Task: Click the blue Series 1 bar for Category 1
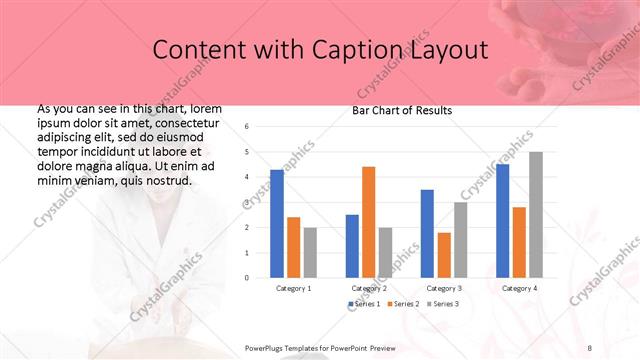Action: [x=277, y=223]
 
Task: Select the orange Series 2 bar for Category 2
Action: [x=368, y=222]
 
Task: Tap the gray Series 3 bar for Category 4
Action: [x=535, y=215]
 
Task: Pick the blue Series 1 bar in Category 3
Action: [x=427, y=233]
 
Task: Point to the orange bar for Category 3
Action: [x=444, y=255]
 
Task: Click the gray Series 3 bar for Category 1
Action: [x=310, y=252]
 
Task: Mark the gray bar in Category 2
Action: [x=385, y=252]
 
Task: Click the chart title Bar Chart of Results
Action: [x=402, y=110]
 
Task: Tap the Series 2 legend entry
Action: [x=402, y=303]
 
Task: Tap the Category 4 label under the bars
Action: [x=518, y=288]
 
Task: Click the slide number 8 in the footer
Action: [x=590, y=347]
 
